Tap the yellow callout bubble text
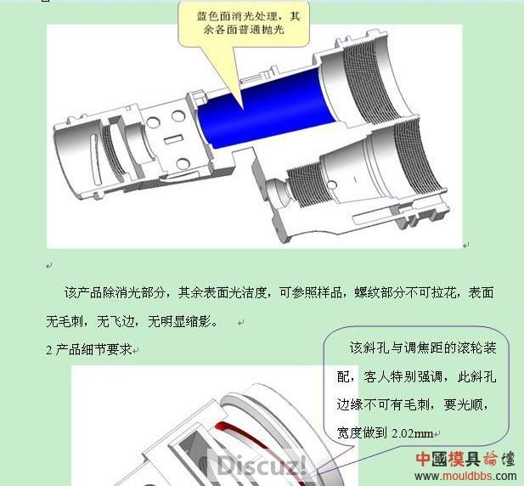248,23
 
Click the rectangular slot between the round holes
173,139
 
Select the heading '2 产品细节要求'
89,349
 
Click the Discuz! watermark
262,465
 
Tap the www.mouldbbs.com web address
465,476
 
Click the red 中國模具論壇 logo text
465,459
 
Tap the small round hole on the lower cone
331,184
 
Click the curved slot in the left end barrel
96,159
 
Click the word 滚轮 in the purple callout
457,348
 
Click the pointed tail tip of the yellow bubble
242,109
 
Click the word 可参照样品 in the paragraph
311,292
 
